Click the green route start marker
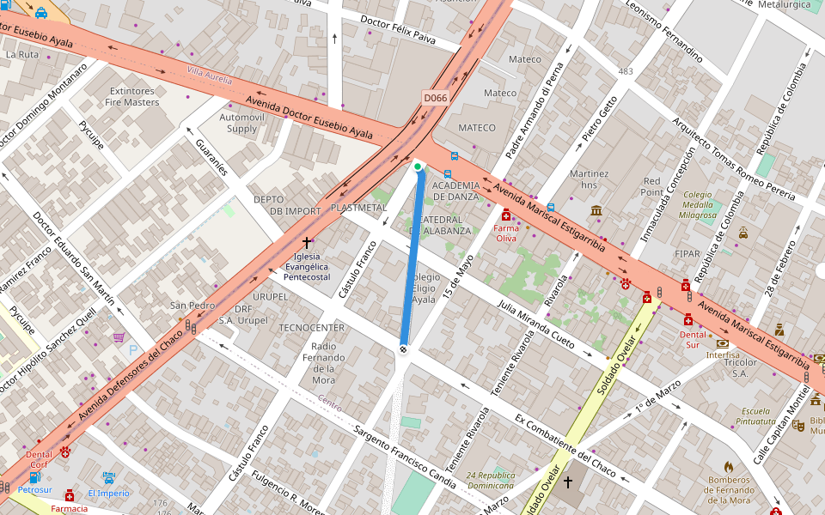point(417,166)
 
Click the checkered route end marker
point(403,348)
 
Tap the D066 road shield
point(436,98)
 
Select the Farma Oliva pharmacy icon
point(506,215)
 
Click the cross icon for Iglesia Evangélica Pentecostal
point(307,244)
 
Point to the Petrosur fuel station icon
point(35,477)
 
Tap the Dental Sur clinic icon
point(687,320)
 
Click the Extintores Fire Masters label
point(132,97)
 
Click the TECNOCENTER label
point(311,328)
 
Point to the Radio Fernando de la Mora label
point(323,362)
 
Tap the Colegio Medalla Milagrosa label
point(697,204)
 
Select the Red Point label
point(653,186)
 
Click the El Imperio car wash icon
point(109,477)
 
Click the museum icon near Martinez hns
point(596,210)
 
